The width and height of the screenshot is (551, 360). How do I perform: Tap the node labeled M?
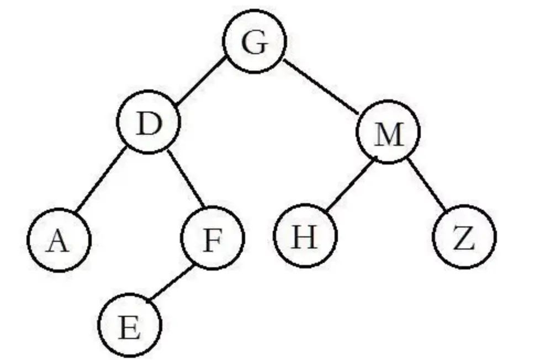(389, 132)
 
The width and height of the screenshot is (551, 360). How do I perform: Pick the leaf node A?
(59, 240)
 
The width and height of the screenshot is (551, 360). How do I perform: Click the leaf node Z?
(464, 237)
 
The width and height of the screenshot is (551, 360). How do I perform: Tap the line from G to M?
(322, 85)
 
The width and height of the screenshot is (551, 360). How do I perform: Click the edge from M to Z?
(427, 184)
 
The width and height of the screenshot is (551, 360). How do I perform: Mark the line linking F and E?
(171, 284)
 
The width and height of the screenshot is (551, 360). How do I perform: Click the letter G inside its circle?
(255, 43)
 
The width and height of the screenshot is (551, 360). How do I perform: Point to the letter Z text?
(464, 238)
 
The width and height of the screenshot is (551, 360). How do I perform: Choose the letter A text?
(59, 241)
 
